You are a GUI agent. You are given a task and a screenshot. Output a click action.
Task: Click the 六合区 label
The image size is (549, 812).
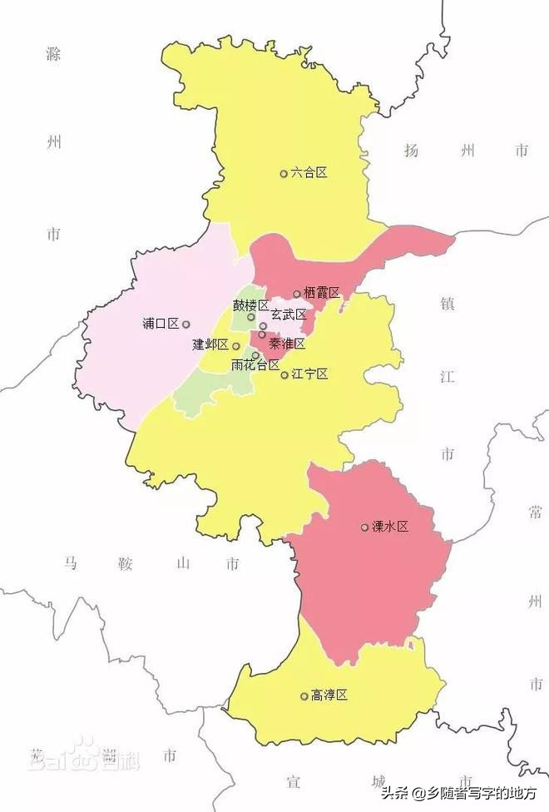click(x=309, y=173)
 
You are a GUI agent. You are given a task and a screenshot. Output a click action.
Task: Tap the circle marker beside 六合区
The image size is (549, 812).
click(x=284, y=174)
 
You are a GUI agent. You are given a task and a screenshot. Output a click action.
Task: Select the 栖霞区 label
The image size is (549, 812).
click(x=322, y=293)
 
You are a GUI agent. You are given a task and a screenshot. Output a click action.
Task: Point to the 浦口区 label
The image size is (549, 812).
click(x=161, y=324)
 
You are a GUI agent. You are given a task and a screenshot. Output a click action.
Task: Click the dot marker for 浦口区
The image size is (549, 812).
click(x=186, y=324)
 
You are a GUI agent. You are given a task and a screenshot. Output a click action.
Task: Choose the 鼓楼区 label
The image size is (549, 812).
click(x=250, y=305)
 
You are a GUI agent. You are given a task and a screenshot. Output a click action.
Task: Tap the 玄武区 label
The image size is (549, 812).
click(x=289, y=315)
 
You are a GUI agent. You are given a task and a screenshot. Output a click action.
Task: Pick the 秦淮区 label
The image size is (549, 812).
click(x=287, y=344)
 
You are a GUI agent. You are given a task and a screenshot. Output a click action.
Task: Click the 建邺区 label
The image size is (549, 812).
click(x=210, y=344)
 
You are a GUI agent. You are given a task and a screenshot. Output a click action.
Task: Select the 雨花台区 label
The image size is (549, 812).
click(x=255, y=364)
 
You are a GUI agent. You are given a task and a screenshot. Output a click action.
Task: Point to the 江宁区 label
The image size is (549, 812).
click(x=310, y=374)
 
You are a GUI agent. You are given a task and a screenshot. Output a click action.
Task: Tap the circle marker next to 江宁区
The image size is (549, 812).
click(x=284, y=375)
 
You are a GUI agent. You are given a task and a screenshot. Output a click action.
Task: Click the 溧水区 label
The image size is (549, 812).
click(x=390, y=527)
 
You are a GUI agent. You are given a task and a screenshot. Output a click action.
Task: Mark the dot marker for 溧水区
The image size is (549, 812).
click(x=364, y=527)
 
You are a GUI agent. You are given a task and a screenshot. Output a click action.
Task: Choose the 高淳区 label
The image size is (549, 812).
click(x=329, y=696)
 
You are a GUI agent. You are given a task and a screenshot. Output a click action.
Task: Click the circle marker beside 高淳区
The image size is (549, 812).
click(x=304, y=696)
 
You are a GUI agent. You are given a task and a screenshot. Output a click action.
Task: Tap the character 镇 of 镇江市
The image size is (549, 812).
click(x=447, y=301)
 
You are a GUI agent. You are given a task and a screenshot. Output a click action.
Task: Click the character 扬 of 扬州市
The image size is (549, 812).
click(x=410, y=151)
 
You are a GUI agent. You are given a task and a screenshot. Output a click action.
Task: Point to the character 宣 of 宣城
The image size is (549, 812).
click(x=293, y=781)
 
